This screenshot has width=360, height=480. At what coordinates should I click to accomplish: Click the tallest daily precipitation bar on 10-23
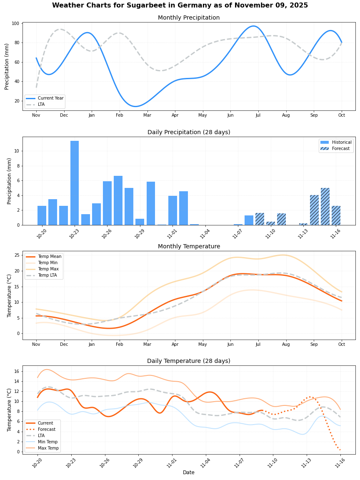[75, 183]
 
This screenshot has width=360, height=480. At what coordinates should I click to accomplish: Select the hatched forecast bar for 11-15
[325, 206]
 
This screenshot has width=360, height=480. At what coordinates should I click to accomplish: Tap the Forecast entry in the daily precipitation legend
[340, 148]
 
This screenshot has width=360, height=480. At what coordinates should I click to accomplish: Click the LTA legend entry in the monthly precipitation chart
[41, 105]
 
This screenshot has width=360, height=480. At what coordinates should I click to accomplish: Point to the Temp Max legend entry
[48, 269]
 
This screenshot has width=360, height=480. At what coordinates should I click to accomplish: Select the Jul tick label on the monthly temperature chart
[258, 345]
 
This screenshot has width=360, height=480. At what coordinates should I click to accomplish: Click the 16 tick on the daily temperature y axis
[16, 371]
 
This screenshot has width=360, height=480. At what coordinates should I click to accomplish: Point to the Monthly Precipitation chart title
[188, 18]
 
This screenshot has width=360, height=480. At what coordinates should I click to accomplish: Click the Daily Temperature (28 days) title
[188, 361]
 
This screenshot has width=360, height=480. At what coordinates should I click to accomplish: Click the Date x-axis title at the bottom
[188, 472]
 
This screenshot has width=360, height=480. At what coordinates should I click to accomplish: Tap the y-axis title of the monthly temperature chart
[10, 295]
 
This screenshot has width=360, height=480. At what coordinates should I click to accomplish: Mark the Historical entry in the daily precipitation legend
[341, 142]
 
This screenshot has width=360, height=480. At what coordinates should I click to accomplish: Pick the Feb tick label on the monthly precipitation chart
[120, 115]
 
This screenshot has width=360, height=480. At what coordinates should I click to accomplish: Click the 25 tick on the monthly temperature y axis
[16, 255]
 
